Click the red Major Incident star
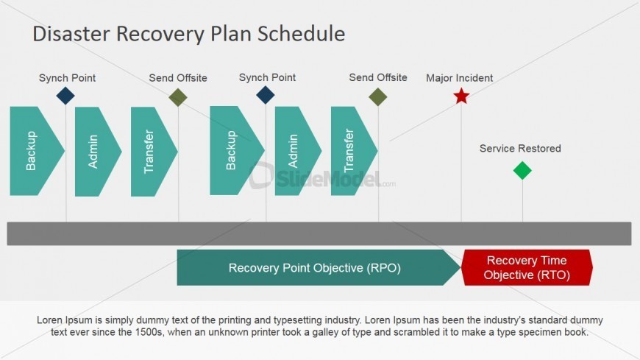click(461, 96)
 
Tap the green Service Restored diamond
click(522, 170)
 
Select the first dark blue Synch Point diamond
click(65, 96)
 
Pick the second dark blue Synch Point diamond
click(266, 95)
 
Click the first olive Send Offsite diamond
click(178, 97)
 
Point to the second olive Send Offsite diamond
click(378, 97)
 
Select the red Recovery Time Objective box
click(527, 268)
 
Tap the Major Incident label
click(460, 78)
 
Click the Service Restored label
click(520, 148)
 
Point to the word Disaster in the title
click(72, 34)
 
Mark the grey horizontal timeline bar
click(319, 233)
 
